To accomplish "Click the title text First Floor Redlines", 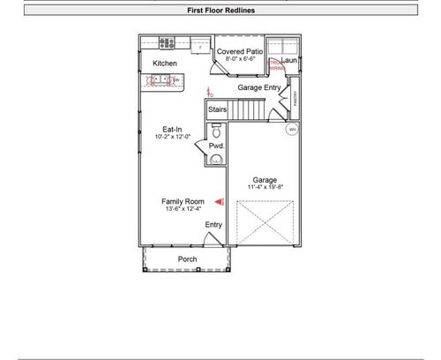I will pos(220,11).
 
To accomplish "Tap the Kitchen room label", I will pos(165,64).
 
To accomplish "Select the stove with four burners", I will pos(166,42).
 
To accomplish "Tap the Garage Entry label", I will pos(260,87).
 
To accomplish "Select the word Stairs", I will pos(218,110).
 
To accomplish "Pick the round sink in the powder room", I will pos(217,160).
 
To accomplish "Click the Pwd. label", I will pos(216,146).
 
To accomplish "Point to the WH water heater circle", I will pos(291,130).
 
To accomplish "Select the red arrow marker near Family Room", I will pos(220,202).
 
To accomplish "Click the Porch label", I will pos(187,259).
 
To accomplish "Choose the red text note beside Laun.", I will pos(276,66).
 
